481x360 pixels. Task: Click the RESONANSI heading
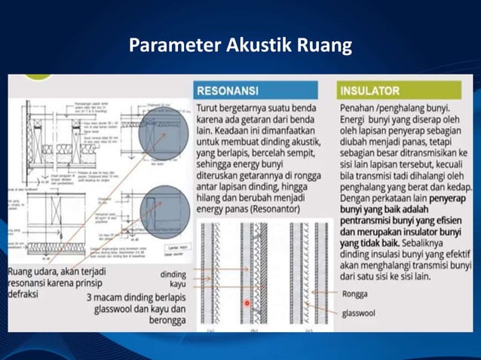tap(227, 90)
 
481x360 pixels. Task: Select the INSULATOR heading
tap(369, 90)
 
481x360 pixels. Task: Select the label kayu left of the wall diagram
tap(177, 286)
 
